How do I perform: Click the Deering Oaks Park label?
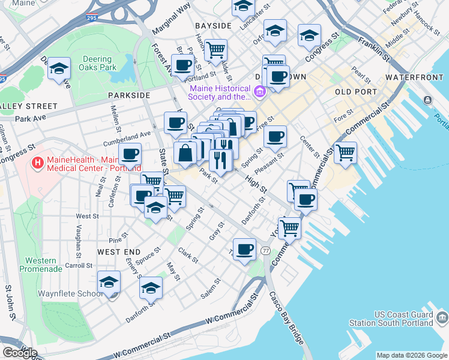(96, 64)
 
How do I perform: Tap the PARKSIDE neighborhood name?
(128, 95)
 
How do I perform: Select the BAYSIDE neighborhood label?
(213, 26)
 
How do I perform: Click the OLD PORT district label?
(356, 92)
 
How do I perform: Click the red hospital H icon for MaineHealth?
(38, 162)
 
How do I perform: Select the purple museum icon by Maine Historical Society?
(260, 92)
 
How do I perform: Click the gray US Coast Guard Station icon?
(442, 316)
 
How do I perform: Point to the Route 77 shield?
(265, 250)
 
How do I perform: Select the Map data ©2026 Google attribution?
(411, 355)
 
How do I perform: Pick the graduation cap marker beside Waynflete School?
(109, 281)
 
